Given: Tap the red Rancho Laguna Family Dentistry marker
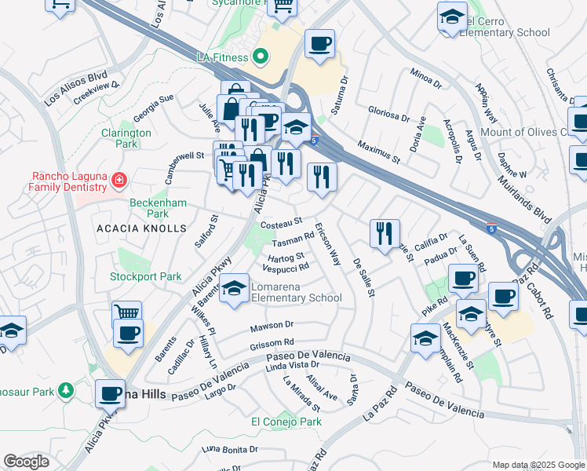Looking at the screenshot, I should click(119, 181).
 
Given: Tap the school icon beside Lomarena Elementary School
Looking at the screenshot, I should click(234, 291).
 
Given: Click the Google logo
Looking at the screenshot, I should click(26, 462).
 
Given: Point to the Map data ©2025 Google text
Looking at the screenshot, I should click(538, 465).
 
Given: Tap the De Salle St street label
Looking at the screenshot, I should click(363, 277).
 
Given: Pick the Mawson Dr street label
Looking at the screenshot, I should click(272, 325).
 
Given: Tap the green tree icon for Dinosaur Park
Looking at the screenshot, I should click(67, 390).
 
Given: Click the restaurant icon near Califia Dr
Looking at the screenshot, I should click(385, 234).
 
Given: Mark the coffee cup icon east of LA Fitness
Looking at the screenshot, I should click(319, 46).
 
